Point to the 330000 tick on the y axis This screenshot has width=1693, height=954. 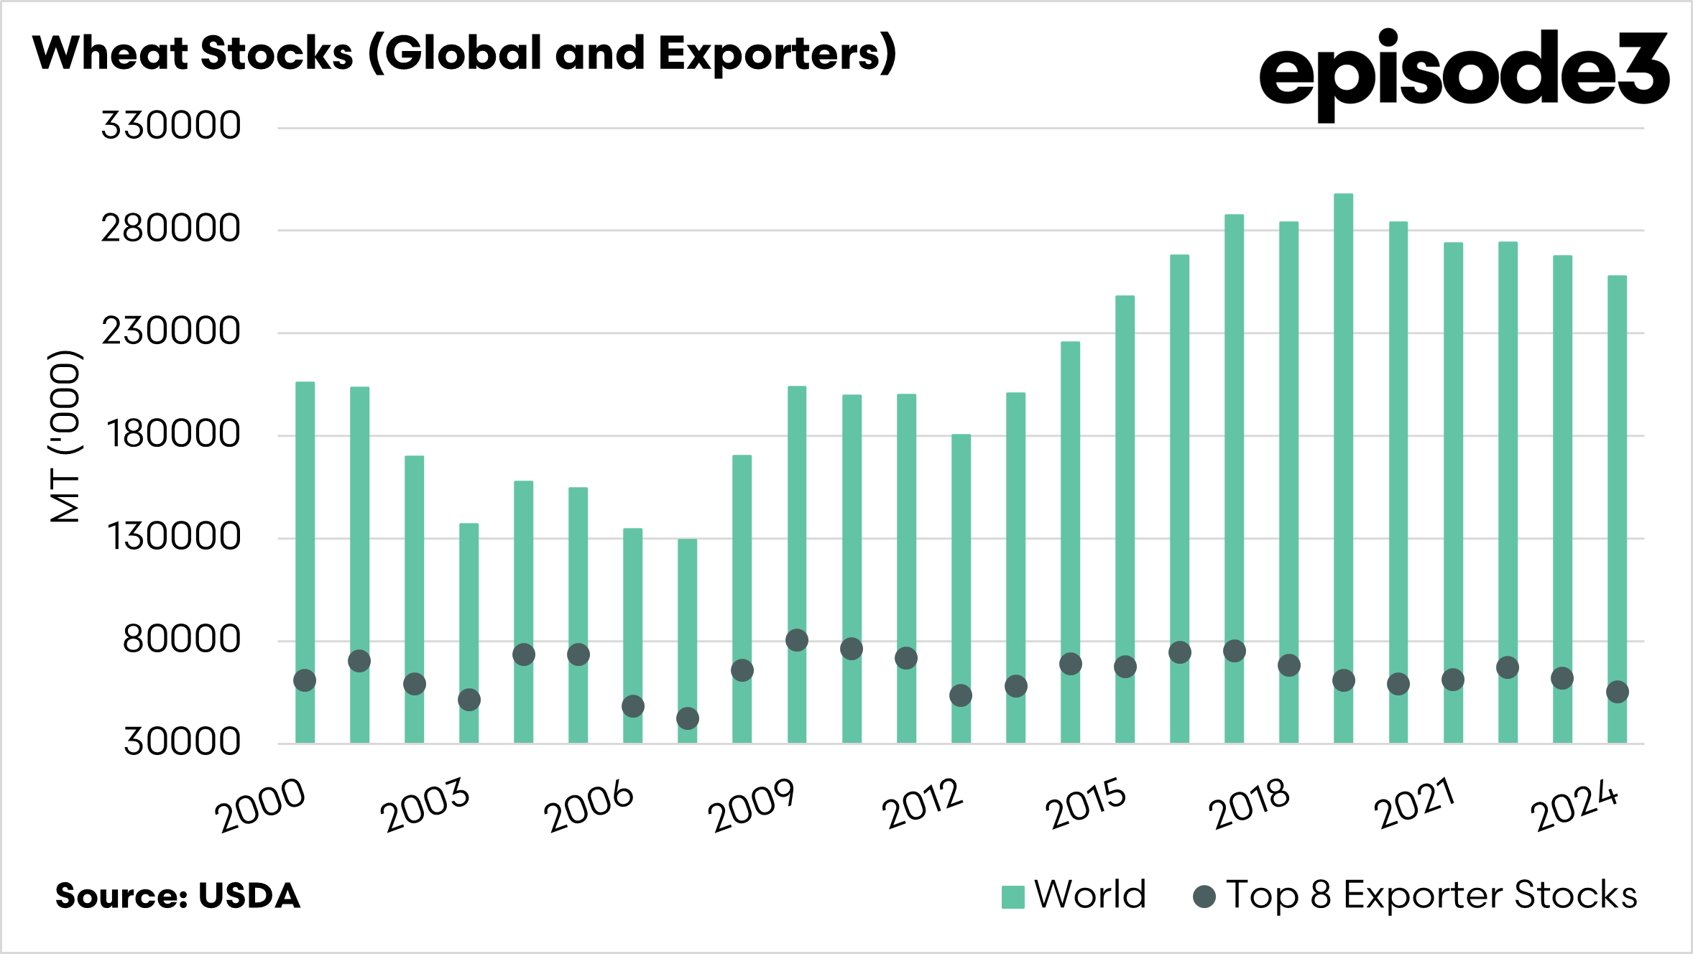click(171, 126)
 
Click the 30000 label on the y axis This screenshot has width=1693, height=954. click(182, 741)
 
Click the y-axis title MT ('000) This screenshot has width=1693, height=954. click(65, 436)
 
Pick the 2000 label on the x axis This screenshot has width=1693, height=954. click(260, 805)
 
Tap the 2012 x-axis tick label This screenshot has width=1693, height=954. click(922, 804)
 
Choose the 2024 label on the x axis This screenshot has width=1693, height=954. click(1574, 805)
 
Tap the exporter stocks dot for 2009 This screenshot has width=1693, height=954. click(797, 640)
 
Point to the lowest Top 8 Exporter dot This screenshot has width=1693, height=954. click(688, 718)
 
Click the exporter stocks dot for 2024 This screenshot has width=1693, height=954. click(1618, 692)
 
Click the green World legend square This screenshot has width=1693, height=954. click(1012, 897)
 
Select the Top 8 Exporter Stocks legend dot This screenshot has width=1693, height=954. click(1204, 897)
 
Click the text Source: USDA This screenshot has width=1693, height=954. click(177, 896)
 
